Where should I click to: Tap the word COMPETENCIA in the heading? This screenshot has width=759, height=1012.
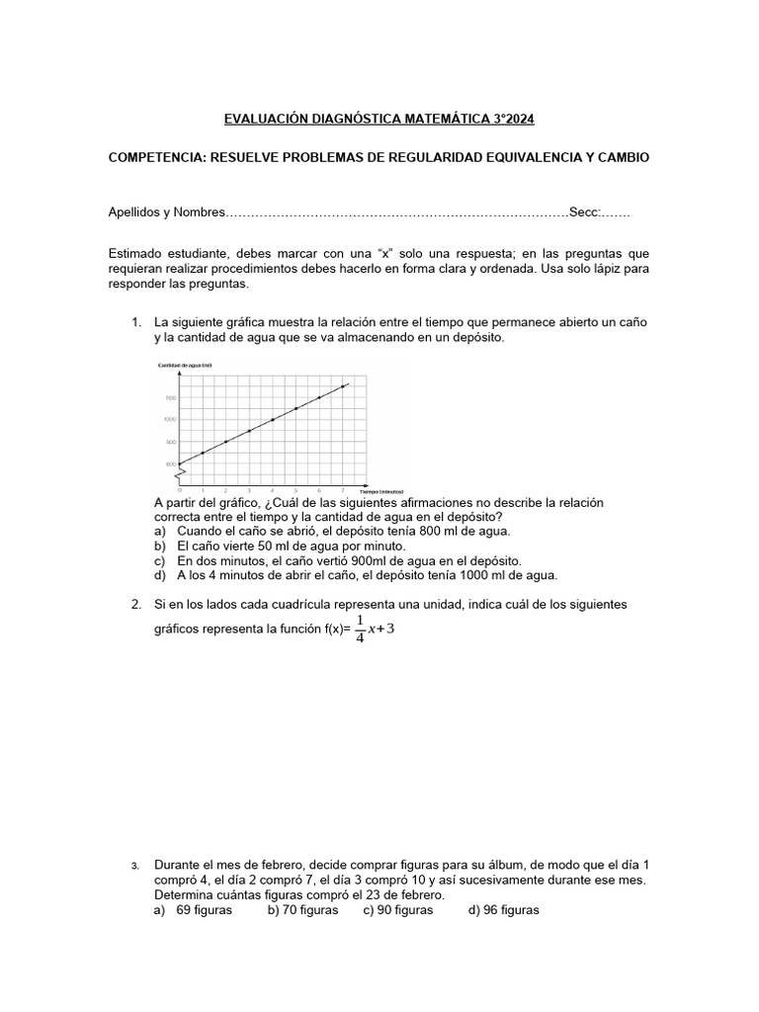tap(158, 158)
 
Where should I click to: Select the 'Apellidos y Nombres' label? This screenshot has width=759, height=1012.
tap(166, 212)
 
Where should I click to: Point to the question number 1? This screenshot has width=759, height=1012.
tap(136, 323)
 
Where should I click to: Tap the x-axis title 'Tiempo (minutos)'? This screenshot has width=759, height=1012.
tap(381, 490)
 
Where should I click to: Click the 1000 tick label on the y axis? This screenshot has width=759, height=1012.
tap(170, 420)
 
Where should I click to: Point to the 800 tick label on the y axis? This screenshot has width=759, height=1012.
tap(170, 464)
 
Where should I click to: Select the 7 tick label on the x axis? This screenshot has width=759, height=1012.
tap(342, 490)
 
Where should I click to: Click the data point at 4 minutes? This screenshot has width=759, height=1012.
tap(273, 420)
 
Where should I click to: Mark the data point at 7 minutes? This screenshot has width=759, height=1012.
tap(342, 386)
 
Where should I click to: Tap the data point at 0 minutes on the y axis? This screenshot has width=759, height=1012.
tap(180, 464)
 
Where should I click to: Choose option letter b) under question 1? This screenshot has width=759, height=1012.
tap(160, 546)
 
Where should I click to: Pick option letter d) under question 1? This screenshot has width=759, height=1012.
tap(160, 574)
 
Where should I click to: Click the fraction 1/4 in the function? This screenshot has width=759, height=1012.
tap(359, 629)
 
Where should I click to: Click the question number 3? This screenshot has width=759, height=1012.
tap(135, 867)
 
